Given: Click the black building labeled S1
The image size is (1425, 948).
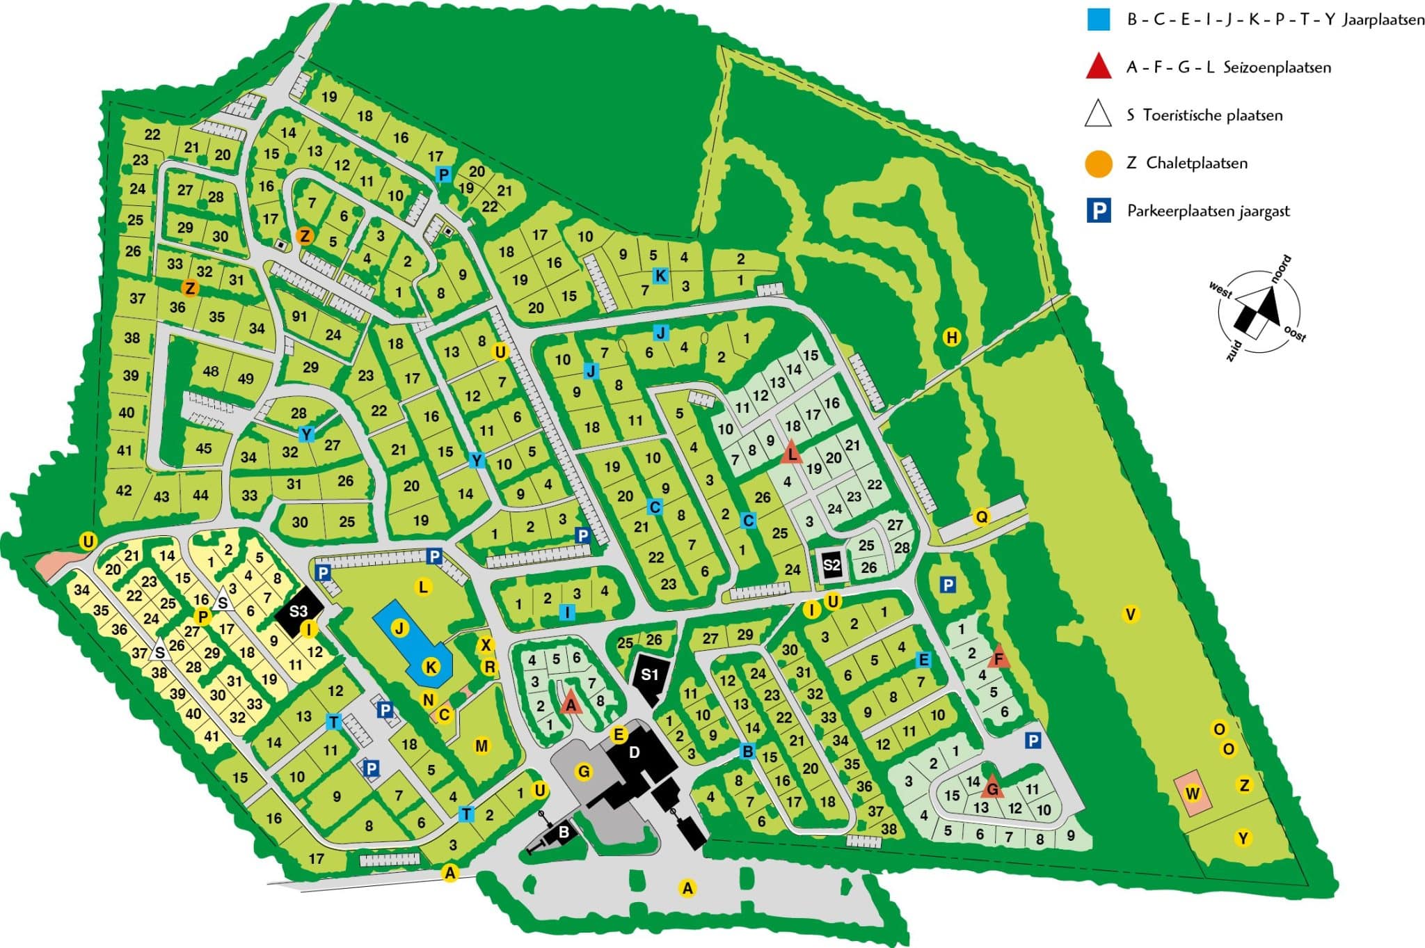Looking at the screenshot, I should (x=649, y=674).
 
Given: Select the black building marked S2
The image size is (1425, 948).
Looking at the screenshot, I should (x=832, y=564).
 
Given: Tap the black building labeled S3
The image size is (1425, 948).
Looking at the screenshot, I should (x=298, y=611).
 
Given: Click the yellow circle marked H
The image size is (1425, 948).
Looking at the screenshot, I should (x=951, y=338).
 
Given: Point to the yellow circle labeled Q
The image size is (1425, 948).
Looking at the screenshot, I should (x=981, y=517).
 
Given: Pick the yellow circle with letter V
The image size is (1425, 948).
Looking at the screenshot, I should (x=1131, y=614).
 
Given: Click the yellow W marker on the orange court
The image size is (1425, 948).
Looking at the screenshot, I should (x=1193, y=793).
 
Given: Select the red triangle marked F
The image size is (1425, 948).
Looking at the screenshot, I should (x=999, y=656).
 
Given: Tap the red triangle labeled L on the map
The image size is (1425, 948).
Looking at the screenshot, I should (x=792, y=454).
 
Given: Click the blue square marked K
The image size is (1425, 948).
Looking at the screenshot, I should (x=660, y=276).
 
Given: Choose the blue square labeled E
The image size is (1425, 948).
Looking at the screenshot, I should (x=923, y=660).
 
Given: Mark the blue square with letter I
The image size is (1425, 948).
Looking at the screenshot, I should (x=568, y=613).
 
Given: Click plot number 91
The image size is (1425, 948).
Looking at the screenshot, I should (x=299, y=317).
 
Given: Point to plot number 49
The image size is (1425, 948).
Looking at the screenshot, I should (x=246, y=379).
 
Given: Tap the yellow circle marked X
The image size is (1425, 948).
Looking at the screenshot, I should (x=486, y=645).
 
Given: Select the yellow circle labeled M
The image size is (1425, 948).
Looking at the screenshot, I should (x=481, y=745).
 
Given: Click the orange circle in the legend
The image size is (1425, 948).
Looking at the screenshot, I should (x=1099, y=164).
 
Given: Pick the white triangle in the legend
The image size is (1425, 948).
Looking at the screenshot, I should (x=1099, y=115).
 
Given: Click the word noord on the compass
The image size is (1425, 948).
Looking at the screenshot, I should (x=1281, y=269).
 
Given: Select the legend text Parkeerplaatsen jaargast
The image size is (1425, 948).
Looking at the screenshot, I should (x=1208, y=211).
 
